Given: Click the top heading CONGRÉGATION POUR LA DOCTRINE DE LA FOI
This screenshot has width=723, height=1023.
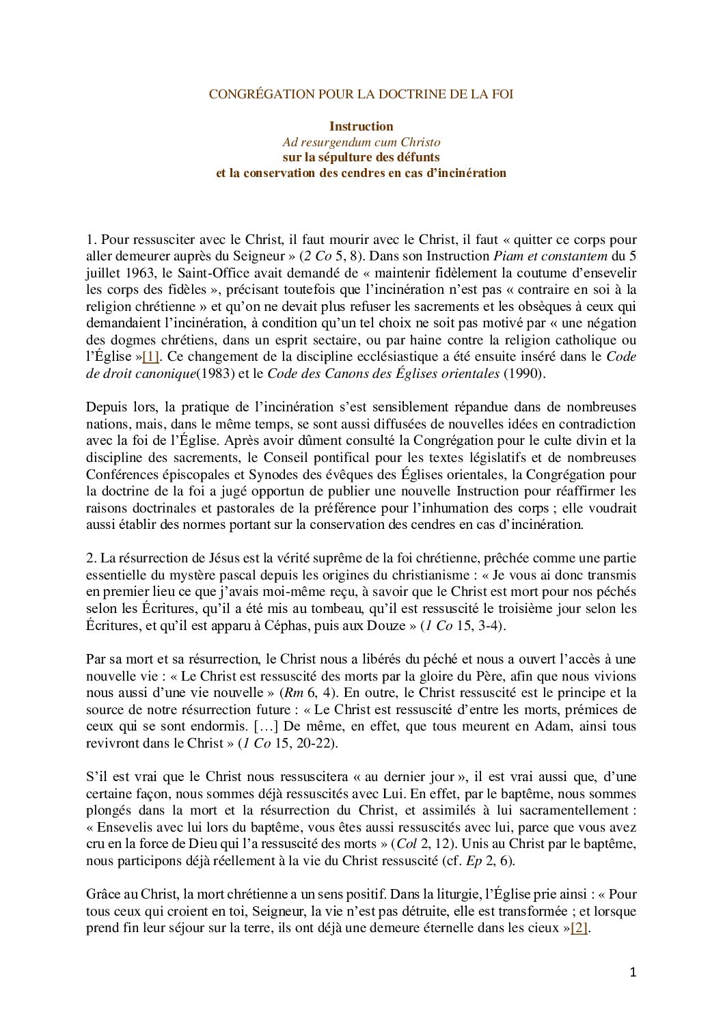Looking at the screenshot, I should (361, 94).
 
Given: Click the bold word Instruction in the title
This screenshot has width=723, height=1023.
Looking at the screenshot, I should (361, 126).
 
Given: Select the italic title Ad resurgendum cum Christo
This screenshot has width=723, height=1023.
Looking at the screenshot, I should (361, 142).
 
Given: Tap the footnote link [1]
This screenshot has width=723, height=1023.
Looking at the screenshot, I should (150, 357).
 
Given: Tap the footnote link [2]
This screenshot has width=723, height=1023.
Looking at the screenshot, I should (579, 928).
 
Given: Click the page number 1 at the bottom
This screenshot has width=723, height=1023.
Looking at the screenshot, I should (633, 972).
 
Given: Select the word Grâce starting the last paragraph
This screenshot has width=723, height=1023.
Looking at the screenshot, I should (104, 895).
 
